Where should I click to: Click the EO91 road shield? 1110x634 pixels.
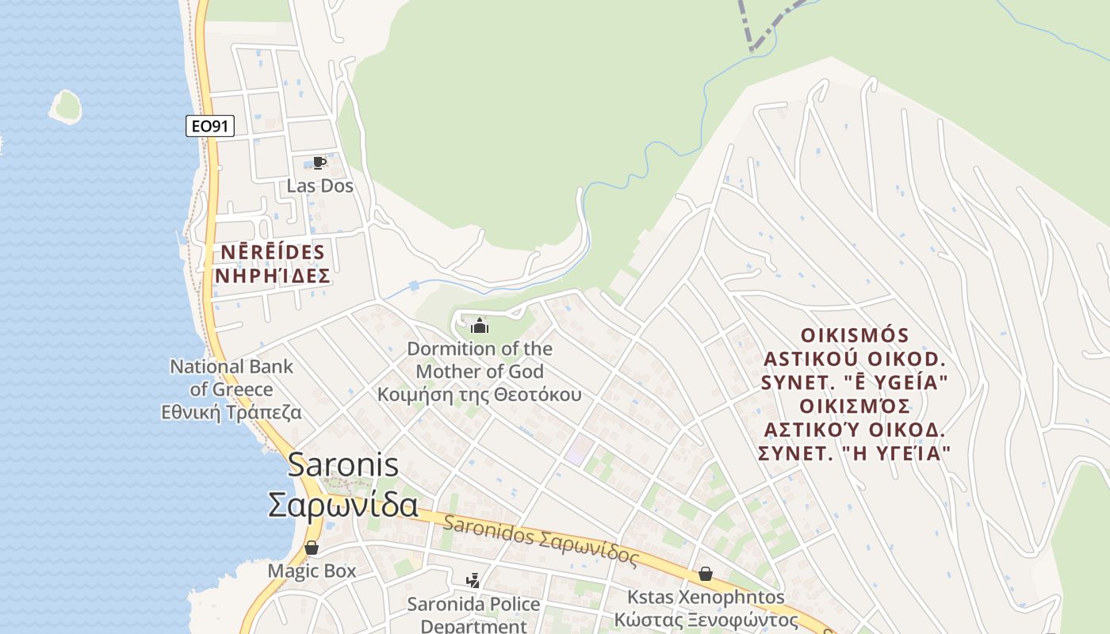point(210,125)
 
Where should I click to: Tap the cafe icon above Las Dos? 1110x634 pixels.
point(320,162)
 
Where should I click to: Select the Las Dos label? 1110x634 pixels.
point(320,186)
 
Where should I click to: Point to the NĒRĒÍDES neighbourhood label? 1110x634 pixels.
point(272,253)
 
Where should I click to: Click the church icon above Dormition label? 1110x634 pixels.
point(480,326)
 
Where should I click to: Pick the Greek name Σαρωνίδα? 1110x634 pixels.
point(343,505)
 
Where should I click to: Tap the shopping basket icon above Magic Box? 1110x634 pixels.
point(312,548)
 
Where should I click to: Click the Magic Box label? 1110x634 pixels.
point(312,571)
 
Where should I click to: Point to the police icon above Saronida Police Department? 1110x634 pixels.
point(473,581)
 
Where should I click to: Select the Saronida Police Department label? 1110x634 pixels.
point(473,614)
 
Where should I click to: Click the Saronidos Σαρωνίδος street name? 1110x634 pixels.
point(541,540)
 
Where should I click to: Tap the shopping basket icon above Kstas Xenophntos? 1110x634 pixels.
point(706,574)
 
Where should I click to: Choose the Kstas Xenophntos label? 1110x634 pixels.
point(706,597)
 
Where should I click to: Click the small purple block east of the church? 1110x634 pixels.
point(578,450)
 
